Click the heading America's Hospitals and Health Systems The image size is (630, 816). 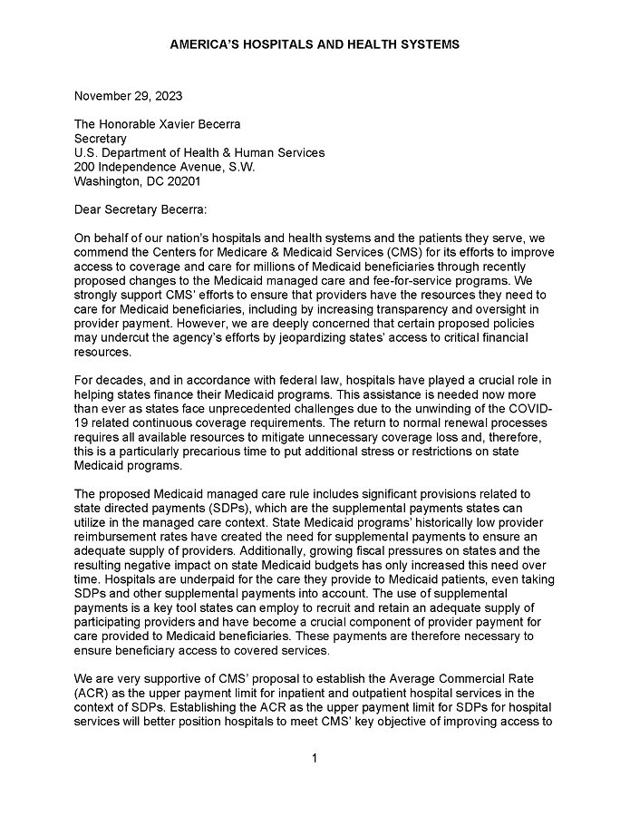pyautogui.click(x=315, y=44)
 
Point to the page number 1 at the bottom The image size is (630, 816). pyautogui.click(x=314, y=758)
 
